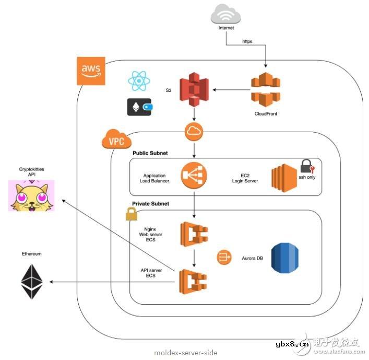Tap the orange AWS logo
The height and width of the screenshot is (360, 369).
91,71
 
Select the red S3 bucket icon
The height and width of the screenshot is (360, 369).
194,89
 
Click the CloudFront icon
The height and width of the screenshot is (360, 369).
266,89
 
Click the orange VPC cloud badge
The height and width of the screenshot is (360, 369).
116,140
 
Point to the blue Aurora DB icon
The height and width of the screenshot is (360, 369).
286,258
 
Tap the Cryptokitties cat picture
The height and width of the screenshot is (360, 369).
31,195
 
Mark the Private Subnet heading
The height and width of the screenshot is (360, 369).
152,204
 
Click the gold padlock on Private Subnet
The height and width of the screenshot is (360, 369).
131,214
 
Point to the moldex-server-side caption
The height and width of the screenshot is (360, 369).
185,353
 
